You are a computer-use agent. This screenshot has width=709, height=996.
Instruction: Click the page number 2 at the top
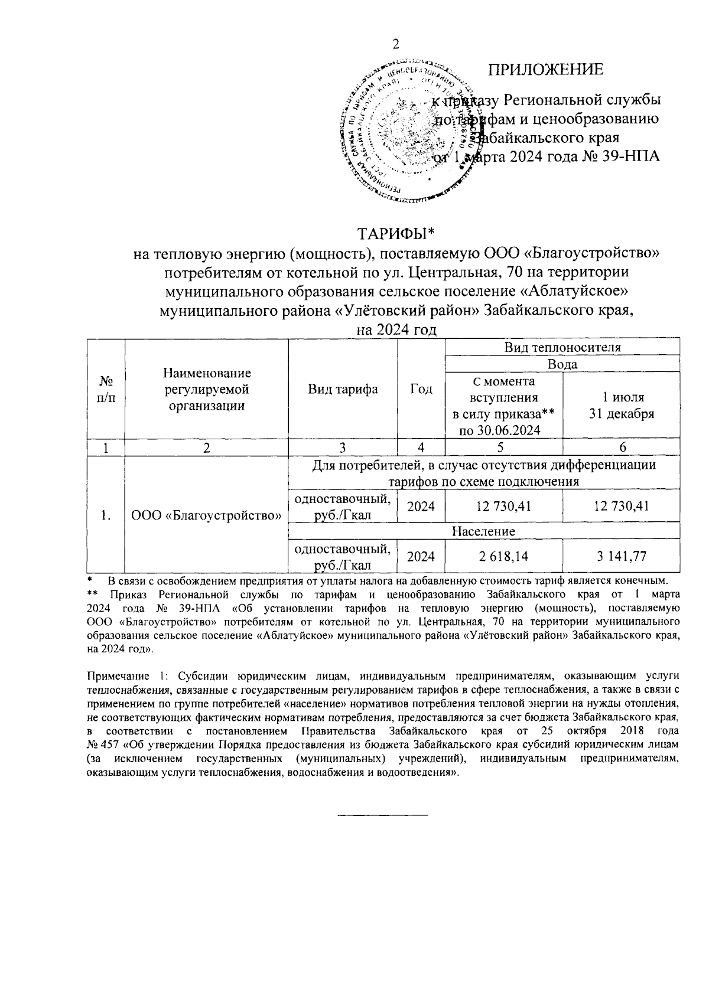coord(396,44)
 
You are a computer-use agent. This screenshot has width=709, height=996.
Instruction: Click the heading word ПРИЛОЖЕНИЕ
coord(545,69)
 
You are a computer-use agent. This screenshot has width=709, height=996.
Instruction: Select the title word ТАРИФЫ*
coord(395,233)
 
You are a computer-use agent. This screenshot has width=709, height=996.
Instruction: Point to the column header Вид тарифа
coord(343,389)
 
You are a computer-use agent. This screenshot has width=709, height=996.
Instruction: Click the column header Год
coord(421,389)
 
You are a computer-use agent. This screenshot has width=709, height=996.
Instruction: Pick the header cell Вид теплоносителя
coord(562,347)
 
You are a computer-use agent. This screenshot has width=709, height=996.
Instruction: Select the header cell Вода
coord(562,364)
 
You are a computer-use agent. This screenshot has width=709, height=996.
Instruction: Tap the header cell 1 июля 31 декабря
coord(621,405)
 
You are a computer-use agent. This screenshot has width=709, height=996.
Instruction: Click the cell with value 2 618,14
coord(503,556)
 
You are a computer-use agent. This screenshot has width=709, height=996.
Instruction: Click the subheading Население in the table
coord(483,531)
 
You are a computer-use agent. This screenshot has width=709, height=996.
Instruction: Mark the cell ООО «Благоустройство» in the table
coord(206,515)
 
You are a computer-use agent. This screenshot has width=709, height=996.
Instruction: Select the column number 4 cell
coord(421,448)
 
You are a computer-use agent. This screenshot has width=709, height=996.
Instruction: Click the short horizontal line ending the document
coord(382,815)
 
